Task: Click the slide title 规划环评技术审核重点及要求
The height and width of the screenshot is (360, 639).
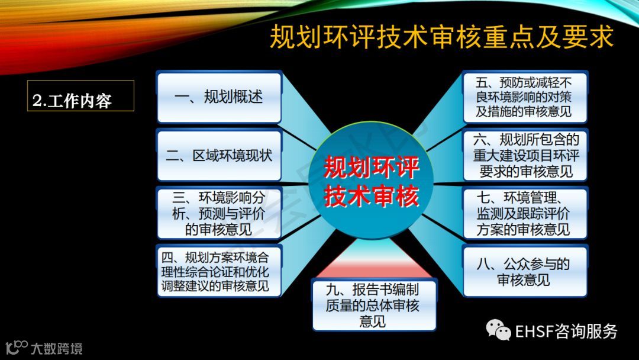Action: point(441,37)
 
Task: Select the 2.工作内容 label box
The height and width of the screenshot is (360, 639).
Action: point(80,96)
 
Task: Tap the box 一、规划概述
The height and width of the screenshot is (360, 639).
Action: point(220,97)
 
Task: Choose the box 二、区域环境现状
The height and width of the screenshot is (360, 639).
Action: point(220,155)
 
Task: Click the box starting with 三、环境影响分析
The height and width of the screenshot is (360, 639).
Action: point(220,213)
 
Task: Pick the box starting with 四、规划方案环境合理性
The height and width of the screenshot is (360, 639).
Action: point(220,271)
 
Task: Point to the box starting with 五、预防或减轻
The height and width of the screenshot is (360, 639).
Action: point(525,97)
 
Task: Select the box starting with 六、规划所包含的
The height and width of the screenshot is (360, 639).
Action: point(525,155)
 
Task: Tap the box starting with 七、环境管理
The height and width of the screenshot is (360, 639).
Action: point(525,213)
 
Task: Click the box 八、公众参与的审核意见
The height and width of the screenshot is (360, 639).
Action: point(525,271)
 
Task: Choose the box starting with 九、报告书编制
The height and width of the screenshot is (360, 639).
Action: point(374,305)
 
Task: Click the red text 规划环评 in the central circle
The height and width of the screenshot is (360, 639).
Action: point(371,167)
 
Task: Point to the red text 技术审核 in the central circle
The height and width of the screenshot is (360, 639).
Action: point(371,196)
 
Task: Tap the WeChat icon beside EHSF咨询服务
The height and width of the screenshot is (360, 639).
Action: point(498,330)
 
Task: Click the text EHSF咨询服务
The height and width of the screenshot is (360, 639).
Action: point(566,331)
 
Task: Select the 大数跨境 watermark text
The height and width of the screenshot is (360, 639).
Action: point(57,349)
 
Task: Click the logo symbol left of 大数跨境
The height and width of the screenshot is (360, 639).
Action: point(17,348)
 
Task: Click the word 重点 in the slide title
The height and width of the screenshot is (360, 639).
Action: point(509,37)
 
